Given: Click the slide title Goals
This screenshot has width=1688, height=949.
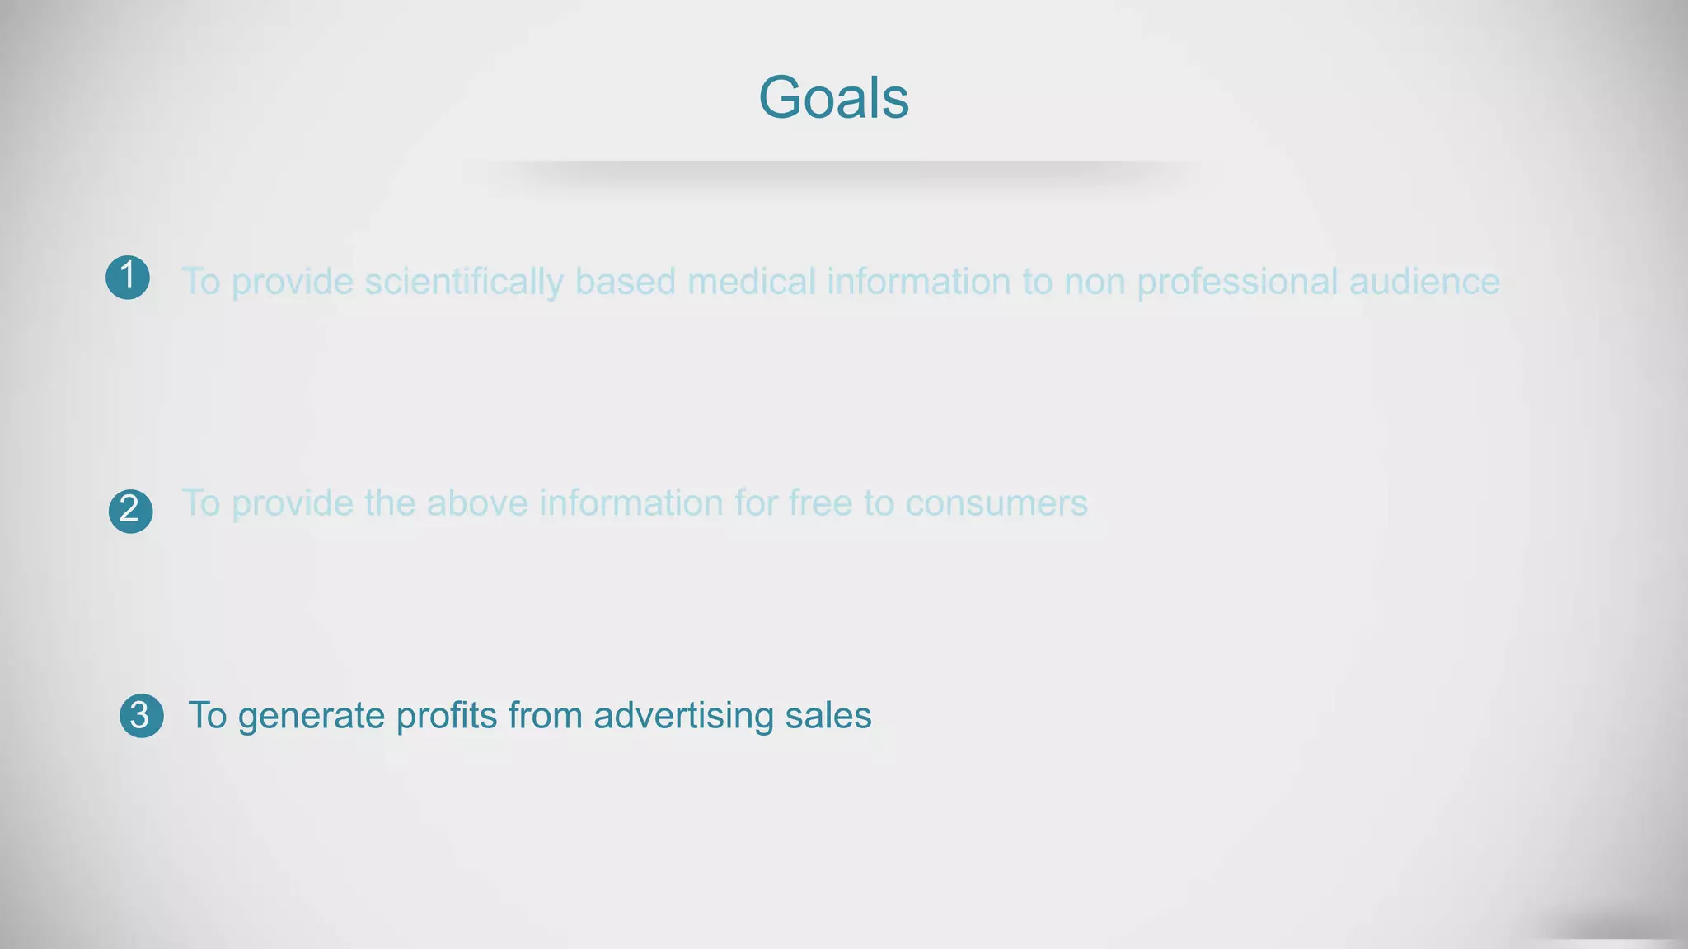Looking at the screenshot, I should coord(833,97).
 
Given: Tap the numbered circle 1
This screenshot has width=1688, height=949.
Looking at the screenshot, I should coord(128,277).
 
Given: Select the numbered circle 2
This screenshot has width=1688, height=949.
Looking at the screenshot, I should coord(130,511).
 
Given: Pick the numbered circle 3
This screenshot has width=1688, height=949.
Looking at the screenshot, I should coord(141,715).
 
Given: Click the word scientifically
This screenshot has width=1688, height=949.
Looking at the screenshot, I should coord(464,282).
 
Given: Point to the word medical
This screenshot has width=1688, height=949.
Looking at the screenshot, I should coord(751,282).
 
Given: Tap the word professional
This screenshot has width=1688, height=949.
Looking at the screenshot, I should coord(1237,282).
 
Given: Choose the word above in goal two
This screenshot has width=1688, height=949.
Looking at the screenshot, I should coord(477,503).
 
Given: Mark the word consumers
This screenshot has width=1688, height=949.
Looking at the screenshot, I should coord(996,503).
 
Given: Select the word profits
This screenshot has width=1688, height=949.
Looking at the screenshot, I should coord(447,715).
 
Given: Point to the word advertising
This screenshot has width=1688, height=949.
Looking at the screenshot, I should coord(683,715).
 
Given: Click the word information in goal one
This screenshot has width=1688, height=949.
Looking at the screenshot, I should coord(919,282).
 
